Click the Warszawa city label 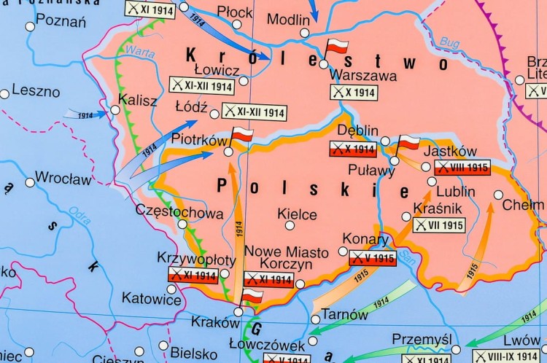click(x=363, y=75)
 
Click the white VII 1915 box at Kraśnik click(x=438, y=225)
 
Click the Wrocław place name click(x=63, y=178)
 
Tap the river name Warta click(x=136, y=50)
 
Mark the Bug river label click(x=449, y=44)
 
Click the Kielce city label click(x=297, y=214)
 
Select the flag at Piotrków click(x=241, y=135)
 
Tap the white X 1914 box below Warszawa click(x=353, y=93)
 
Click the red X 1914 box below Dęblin click(x=353, y=149)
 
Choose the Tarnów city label click(x=344, y=315)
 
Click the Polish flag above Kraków click(x=252, y=296)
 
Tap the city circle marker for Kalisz click(x=115, y=112)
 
